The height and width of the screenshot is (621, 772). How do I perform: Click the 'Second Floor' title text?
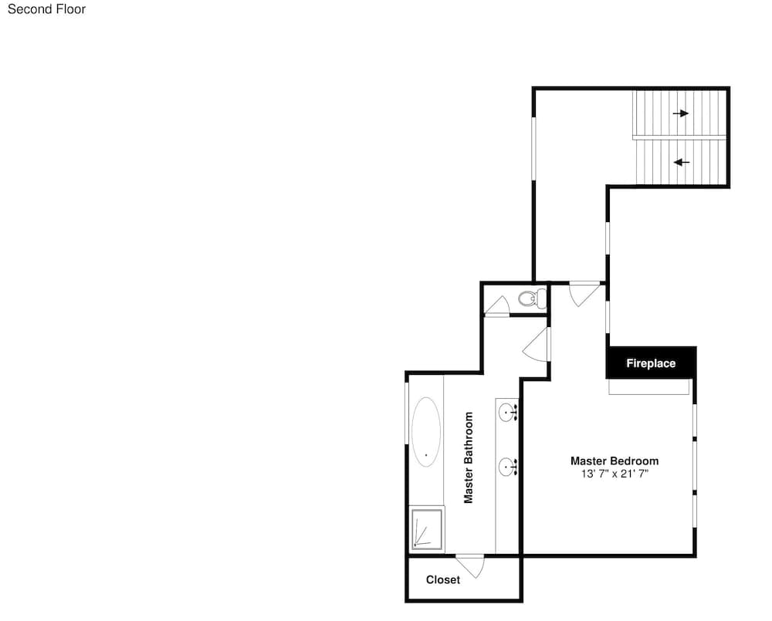[47, 8]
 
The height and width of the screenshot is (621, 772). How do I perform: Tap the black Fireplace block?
[651, 363]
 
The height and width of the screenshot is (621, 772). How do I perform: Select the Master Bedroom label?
[615, 461]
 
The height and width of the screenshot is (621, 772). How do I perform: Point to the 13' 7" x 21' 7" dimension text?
[615, 474]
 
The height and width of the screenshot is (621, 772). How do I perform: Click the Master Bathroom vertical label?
[469, 457]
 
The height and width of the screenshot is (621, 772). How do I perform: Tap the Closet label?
[443, 579]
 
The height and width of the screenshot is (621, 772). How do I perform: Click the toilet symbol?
[532, 299]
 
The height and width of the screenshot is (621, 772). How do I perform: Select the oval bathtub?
[426, 432]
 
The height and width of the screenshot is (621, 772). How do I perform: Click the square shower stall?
[427, 529]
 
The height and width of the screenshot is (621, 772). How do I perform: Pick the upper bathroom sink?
[508, 412]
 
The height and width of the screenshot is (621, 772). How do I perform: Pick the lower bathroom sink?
[508, 467]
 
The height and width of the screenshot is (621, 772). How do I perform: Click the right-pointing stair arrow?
[680, 113]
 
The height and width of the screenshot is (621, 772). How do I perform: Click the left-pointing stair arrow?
[682, 162]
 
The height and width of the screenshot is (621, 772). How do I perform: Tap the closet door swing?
[472, 566]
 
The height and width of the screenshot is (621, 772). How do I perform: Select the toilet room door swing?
[497, 305]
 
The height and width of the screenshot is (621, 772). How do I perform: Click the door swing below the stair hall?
[584, 294]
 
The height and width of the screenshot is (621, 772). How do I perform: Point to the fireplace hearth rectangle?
[649, 386]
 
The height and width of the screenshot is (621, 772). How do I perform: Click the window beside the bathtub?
[407, 413]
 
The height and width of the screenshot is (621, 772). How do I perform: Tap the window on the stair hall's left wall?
[533, 149]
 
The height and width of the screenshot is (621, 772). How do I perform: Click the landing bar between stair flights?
[679, 137]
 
